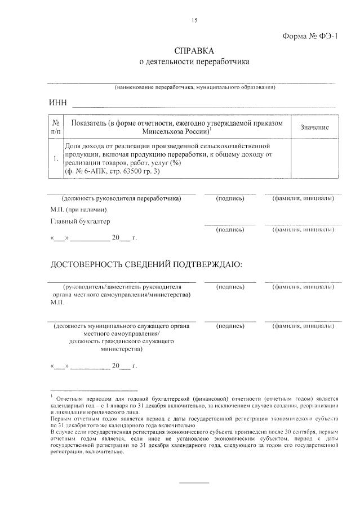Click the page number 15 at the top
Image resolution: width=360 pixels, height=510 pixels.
[x=194, y=21]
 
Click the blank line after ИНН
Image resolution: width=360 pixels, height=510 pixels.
[x=203, y=105]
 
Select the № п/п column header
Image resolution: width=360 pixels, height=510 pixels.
[x=56, y=127]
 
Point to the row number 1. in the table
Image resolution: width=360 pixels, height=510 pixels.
[x=56, y=159]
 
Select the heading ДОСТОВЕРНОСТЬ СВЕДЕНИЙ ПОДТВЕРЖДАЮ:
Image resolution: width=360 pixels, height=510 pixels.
[x=146, y=264]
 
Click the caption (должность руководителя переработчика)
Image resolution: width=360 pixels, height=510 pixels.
[x=121, y=198]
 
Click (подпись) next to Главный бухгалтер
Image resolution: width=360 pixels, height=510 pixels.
[x=230, y=229]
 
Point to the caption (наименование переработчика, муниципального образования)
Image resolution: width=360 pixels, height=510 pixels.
[x=194, y=88]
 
